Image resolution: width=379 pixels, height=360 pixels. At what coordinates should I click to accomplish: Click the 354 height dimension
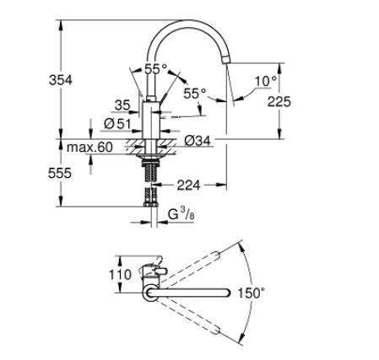tap(61, 80)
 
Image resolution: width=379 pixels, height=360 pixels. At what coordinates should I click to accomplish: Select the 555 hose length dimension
tap(60, 173)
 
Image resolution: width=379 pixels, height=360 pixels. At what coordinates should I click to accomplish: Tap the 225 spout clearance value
tap(279, 101)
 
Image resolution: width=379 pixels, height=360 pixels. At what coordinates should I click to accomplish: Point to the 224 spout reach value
tap(188, 185)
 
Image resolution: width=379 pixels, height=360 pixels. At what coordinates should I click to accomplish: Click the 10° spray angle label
tap(266, 81)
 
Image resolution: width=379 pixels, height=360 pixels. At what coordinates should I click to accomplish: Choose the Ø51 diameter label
tap(117, 124)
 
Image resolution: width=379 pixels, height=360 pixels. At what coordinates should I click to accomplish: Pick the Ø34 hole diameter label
tap(198, 141)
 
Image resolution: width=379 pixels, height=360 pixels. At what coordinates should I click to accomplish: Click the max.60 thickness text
tap(89, 148)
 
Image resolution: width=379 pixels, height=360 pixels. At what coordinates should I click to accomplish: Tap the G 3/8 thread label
tap(181, 214)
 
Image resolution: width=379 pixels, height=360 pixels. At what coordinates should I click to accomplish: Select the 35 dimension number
tap(122, 105)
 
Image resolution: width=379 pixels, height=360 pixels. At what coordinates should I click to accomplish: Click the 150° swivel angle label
tap(252, 293)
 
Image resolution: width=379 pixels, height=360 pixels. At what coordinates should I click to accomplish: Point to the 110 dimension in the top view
tap(120, 275)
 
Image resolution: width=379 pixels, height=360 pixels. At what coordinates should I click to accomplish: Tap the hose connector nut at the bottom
tap(151, 204)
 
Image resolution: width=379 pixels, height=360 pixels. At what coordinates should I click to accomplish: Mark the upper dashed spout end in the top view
tap(216, 255)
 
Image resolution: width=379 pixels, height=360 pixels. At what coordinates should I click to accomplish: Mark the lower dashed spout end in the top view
tap(216, 330)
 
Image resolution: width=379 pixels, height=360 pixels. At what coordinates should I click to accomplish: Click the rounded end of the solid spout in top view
tap(227, 293)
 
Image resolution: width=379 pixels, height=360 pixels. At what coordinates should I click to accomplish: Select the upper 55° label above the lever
tap(155, 69)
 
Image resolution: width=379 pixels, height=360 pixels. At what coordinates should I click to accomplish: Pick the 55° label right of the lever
tap(195, 94)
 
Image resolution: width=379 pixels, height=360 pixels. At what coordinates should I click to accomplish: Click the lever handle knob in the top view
tap(160, 271)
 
